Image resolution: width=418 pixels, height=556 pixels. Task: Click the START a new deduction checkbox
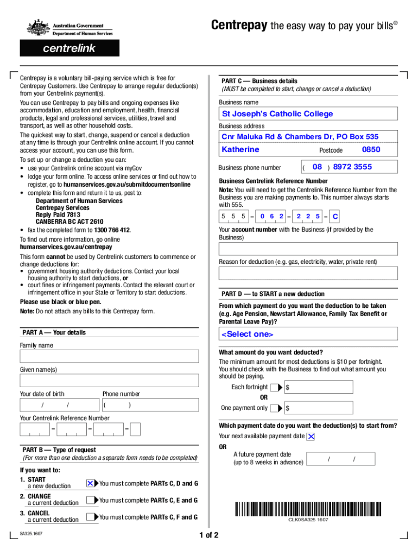91,483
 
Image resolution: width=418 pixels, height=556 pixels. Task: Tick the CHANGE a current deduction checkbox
91,500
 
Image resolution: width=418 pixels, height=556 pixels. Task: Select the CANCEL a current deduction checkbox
91,517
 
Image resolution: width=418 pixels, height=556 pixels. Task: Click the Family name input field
109,356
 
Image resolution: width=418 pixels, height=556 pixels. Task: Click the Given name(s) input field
109,380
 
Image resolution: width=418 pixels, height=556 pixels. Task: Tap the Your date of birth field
58,405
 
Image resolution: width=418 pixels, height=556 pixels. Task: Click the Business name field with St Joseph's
308,114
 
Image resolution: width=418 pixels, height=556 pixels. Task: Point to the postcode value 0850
371,149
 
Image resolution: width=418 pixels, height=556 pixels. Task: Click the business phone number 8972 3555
352,167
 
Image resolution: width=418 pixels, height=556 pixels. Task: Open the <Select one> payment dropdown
308,334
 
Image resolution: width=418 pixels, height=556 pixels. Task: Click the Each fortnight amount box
319,387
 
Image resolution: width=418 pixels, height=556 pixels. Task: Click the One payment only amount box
319,408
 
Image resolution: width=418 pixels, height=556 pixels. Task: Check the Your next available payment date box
311,437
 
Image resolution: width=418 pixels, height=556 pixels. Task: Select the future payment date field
340,459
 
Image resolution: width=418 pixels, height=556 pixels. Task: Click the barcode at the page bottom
308,509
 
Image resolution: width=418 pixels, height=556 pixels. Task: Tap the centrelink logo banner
69,48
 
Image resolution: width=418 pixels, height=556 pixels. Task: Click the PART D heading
273,294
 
